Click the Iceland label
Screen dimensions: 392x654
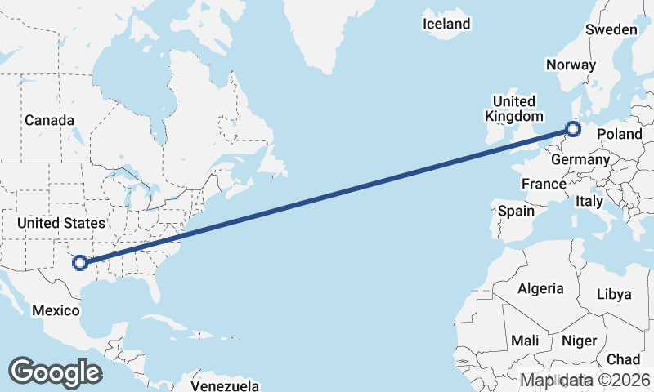point(446,24)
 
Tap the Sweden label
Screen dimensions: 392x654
point(611,29)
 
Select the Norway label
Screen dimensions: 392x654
point(571,65)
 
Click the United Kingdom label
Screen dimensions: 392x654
point(513,109)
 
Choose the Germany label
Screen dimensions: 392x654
point(580,159)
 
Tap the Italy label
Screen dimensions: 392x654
point(589,201)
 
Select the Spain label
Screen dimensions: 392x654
point(517,211)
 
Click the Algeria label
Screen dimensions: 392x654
point(540,288)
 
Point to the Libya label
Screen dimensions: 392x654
point(614,294)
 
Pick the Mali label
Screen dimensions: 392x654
point(524,340)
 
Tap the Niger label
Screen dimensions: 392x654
point(580,341)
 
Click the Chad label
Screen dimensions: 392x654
point(624,359)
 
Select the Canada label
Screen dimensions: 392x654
point(49,121)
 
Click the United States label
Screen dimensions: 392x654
point(61,223)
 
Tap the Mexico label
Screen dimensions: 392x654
point(56,310)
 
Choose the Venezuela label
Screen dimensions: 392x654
point(225,385)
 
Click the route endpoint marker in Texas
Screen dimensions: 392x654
point(80,262)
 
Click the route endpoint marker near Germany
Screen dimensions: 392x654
point(573,128)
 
